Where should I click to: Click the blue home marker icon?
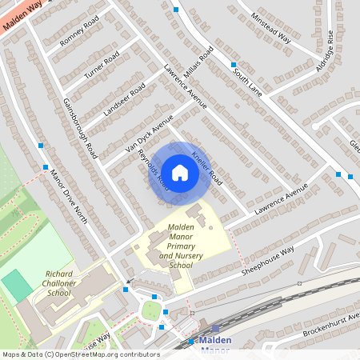pyautogui.click(x=180, y=173)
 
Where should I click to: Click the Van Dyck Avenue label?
pyautogui.click(x=149, y=133)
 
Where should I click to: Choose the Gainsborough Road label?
pyautogui.click(x=79, y=127)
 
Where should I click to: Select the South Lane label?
pyautogui.click(x=247, y=80)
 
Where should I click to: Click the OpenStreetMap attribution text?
pyautogui.click(x=80, y=354)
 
